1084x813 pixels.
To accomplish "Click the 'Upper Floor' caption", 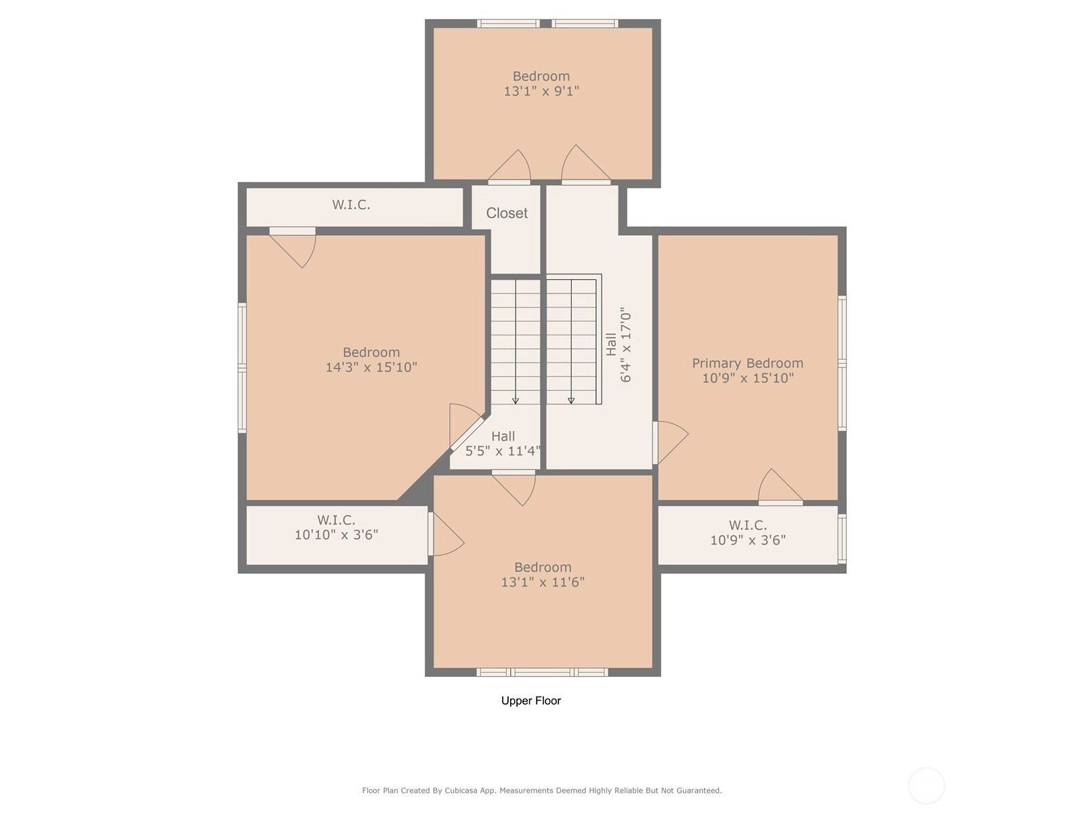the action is point(531,701).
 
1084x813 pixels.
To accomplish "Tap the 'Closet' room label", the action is point(507,213).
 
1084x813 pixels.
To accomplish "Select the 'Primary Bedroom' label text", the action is point(747,363).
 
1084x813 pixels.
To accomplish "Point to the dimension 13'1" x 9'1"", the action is point(541,91).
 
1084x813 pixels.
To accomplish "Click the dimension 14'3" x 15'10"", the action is point(371,367).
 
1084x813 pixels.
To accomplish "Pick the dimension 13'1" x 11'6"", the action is point(543,582).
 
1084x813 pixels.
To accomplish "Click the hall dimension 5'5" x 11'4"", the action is point(503,451).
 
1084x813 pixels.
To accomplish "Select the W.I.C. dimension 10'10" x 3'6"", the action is point(336,535).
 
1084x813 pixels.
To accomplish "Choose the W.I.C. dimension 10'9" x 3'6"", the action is point(748,540).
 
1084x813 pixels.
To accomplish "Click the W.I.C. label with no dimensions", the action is point(351,205).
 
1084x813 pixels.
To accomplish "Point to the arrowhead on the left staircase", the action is point(516,401).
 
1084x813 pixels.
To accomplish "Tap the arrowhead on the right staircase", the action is point(571,401).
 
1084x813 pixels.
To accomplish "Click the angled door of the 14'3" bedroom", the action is point(466,434).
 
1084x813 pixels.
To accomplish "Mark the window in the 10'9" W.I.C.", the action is point(842,539).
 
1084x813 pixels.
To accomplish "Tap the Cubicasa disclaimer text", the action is point(542,790).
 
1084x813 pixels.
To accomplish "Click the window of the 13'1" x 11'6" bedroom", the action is point(542,672).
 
